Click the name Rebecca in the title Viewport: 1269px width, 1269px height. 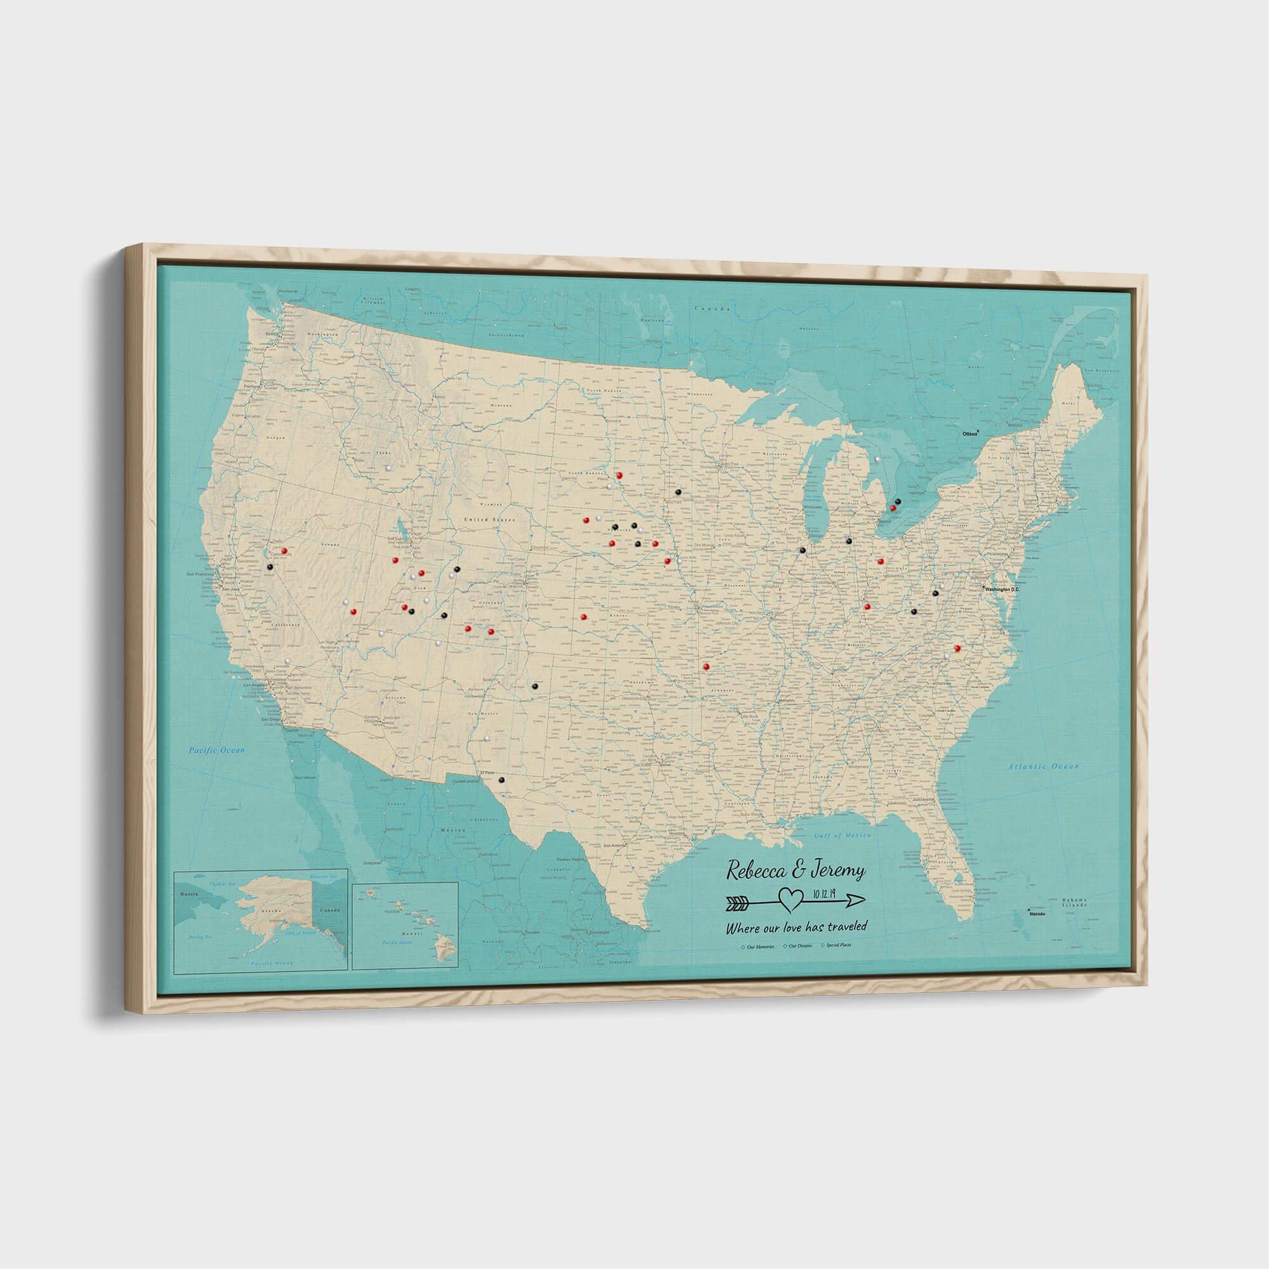tap(755, 872)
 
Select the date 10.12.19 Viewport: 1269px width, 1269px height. tap(825, 893)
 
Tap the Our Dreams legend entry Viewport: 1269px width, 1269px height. tap(801, 947)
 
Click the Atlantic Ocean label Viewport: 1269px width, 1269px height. tap(1043, 766)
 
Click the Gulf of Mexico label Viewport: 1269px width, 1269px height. tap(842, 836)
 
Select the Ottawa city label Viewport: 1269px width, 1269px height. tap(969, 434)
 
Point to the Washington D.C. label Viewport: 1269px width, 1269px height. tap(1001, 589)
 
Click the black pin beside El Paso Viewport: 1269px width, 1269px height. tap(501, 780)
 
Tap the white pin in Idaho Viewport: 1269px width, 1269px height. tap(389, 468)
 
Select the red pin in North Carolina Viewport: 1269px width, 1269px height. tap(956, 648)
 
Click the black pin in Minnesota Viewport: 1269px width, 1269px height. tap(678, 491)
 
